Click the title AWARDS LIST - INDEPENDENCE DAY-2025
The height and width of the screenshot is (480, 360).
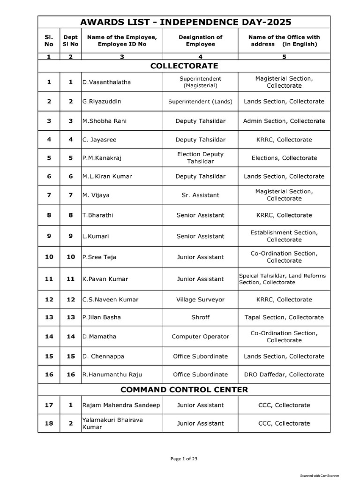pyautogui.click(x=186, y=22)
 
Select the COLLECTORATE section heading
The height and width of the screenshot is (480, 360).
pyautogui.click(x=184, y=66)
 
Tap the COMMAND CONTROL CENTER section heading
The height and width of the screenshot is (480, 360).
pyautogui.click(x=184, y=390)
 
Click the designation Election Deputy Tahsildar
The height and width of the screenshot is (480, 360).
pyautogui.click(x=200, y=158)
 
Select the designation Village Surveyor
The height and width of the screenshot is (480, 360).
pyautogui.click(x=200, y=299)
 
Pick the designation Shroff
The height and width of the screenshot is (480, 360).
pyautogui.click(x=200, y=317)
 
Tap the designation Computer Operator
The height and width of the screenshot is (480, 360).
pyautogui.click(x=200, y=337)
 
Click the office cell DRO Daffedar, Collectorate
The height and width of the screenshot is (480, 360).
pyautogui.click(x=284, y=375)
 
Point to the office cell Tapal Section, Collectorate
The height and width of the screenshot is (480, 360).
pyautogui.click(x=284, y=317)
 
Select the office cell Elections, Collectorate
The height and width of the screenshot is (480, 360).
pyautogui.click(x=284, y=158)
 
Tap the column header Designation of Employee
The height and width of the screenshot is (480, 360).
pyautogui.click(x=200, y=40)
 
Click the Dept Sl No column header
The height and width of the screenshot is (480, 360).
pyautogui.click(x=71, y=40)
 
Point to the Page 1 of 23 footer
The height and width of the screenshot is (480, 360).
pyautogui.click(x=184, y=459)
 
